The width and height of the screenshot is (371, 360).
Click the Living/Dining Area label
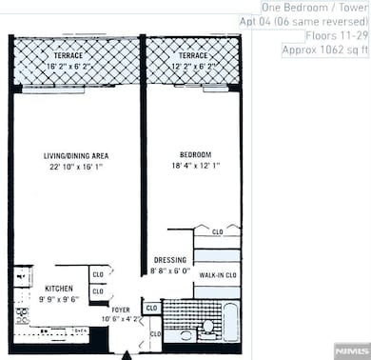click(x=74, y=156)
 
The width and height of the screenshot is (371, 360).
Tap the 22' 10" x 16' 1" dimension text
click(x=74, y=168)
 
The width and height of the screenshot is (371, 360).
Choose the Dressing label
click(x=171, y=260)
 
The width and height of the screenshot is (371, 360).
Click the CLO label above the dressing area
click(x=217, y=231)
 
